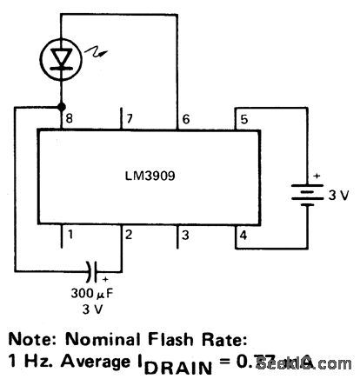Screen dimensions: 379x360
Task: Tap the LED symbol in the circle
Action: (61, 58)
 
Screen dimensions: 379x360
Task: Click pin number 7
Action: (130, 116)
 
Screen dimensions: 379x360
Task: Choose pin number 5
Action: (243, 116)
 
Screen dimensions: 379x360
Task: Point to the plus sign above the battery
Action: (316, 176)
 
